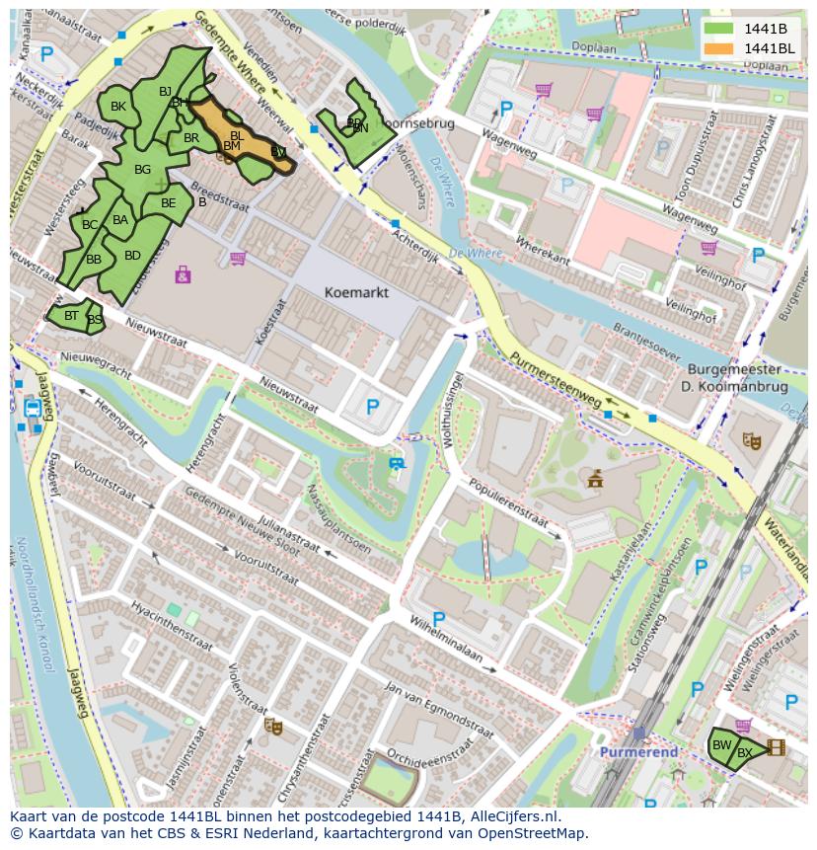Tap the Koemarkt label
(356, 292)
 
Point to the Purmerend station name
(639, 751)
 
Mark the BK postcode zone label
(118, 107)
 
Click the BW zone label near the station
(722, 744)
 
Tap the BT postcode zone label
(71, 316)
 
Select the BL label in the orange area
(237, 135)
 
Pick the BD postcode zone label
(132, 256)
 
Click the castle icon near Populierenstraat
(594, 480)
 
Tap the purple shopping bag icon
(183, 274)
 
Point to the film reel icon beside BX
(777, 747)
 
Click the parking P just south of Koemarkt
(372, 406)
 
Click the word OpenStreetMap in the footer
(532, 832)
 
